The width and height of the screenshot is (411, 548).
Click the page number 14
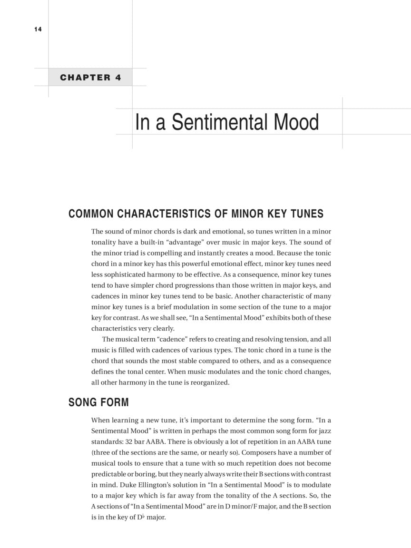38,29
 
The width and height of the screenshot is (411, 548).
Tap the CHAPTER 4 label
90,78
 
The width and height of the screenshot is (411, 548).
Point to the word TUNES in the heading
306,214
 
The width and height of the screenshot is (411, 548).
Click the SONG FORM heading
98,402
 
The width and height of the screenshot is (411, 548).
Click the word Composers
259,452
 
